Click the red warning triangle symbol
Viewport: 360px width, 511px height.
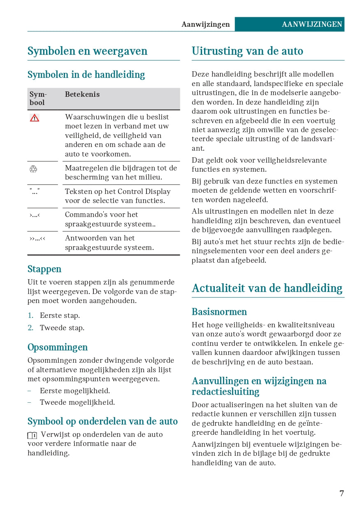tap(35, 118)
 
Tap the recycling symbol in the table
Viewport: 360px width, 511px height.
tap(33, 169)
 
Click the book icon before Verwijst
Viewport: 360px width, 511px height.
tap(33, 435)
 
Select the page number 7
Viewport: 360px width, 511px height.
tap(341, 493)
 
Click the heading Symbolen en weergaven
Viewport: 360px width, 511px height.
tap(87, 51)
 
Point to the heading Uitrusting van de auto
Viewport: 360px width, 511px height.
tap(247, 51)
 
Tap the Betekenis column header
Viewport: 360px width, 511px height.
tap(82, 94)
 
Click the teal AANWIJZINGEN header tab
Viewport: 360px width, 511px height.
tap(312, 24)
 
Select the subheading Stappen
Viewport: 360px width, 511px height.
tap(44, 269)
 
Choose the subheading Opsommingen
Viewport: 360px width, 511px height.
tap(58, 347)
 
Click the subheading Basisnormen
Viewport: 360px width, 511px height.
tap(219, 312)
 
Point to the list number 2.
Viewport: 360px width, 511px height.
tap(30, 328)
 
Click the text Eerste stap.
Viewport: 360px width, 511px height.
tap(60, 315)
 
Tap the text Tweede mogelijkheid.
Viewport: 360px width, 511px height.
tap(77, 402)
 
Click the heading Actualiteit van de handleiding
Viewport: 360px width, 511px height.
tap(267, 288)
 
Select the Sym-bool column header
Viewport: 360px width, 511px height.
tap(38, 98)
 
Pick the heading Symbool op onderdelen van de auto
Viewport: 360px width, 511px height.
tap(102, 421)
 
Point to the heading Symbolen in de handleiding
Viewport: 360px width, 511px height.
tap(86, 75)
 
